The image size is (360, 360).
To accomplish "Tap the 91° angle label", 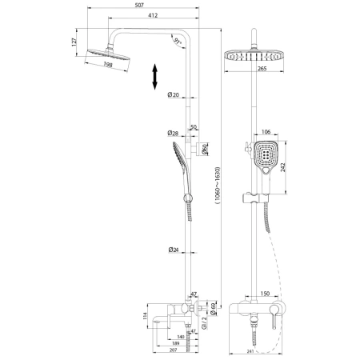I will click(176, 38).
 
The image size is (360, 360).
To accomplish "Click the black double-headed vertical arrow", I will click(154, 79).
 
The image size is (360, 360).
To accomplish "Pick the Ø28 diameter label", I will click(173, 133).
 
